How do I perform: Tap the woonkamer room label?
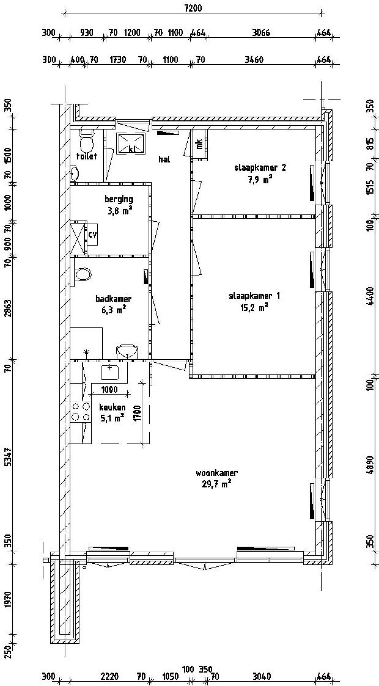click(x=216, y=473)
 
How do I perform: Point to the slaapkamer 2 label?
click(x=260, y=168)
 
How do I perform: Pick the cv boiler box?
click(x=92, y=234)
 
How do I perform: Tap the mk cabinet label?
click(x=200, y=144)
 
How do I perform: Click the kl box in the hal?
click(x=131, y=144)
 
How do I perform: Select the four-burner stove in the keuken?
click(x=81, y=412)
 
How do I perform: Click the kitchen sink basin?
click(x=110, y=372)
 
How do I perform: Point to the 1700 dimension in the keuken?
click(x=137, y=413)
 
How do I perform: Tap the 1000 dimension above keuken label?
click(x=109, y=389)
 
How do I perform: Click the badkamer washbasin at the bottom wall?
click(x=127, y=351)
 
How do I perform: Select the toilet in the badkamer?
click(x=83, y=274)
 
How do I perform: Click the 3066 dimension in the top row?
click(x=261, y=33)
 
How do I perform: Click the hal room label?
click(x=164, y=159)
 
